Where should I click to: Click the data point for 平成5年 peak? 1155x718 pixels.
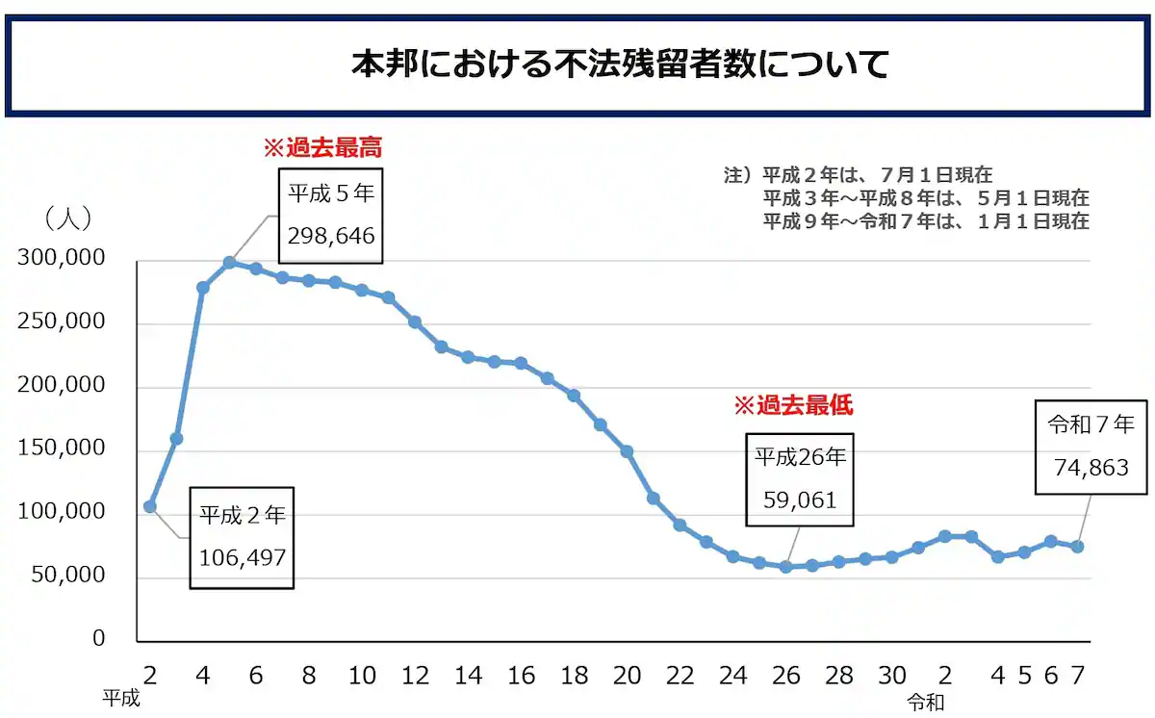pyautogui.click(x=229, y=262)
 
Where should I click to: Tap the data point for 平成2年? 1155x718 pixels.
pyautogui.click(x=149, y=506)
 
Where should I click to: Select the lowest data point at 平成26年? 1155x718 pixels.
pyautogui.click(x=786, y=567)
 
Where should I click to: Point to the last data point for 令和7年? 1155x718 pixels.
pyautogui.click(x=1078, y=547)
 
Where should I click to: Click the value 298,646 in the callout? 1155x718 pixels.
pyautogui.click(x=331, y=237)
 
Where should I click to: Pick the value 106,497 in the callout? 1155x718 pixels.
pyautogui.click(x=243, y=557)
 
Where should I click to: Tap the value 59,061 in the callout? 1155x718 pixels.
pyautogui.click(x=799, y=500)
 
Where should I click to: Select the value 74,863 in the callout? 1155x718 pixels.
pyautogui.click(x=1091, y=468)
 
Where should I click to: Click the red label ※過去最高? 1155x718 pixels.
pyautogui.click(x=323, y=148)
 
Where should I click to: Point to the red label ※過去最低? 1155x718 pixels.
pyautogui.click(x=793, y=405)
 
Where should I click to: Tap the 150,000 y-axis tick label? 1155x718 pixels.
pyautogui.click(x=61, y=449)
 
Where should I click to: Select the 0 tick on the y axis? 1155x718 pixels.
pyautogui.click(x=98, y=638)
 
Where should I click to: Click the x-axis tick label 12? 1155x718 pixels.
pyautogui.click(x=415, y=676)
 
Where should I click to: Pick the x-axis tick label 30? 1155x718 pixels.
pyautogui.click(x=892, y=676)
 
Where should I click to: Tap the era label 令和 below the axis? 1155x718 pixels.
pyautogui.click(x=925, y=703)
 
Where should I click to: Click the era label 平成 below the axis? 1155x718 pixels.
pyautogui.click(x=121, y=699)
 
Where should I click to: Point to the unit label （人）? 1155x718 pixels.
pyautogui.click(x=68, y=218)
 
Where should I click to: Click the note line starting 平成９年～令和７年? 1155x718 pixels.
pyautogui.click(x=926, y=221)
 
